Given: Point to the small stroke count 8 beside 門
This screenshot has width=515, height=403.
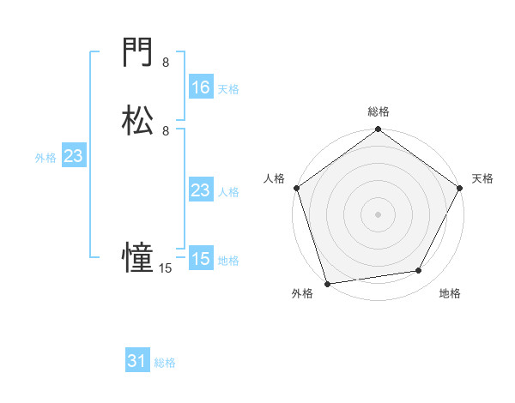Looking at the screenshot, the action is (166, 63).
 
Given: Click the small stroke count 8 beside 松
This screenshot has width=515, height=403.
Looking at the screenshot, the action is (166, 130).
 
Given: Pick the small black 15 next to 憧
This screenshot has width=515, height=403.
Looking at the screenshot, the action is (166, 268).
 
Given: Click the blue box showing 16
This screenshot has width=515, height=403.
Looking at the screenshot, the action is (200, 87).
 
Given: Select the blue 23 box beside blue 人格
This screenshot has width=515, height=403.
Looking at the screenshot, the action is (200, 191).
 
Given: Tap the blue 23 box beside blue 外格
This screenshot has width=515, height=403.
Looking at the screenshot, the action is (73, 157).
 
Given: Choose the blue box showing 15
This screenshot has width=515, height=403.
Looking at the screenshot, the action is (200, 259).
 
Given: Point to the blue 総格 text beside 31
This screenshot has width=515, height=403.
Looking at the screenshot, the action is (165, 363).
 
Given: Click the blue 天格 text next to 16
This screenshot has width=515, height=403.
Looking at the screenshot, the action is (228, 88).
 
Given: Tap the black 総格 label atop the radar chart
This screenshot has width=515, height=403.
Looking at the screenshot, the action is (378, 111).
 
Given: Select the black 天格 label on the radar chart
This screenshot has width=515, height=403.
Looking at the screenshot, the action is (482, 178).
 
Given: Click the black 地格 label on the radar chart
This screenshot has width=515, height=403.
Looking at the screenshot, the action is (450, 294).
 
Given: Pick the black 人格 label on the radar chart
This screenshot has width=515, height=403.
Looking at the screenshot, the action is (274, 178).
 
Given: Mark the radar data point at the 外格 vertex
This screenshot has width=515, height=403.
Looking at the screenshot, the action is (327, 283).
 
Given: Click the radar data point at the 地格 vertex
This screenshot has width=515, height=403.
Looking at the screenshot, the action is (419, 271).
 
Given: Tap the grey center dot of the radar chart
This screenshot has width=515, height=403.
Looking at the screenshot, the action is (378, 214).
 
